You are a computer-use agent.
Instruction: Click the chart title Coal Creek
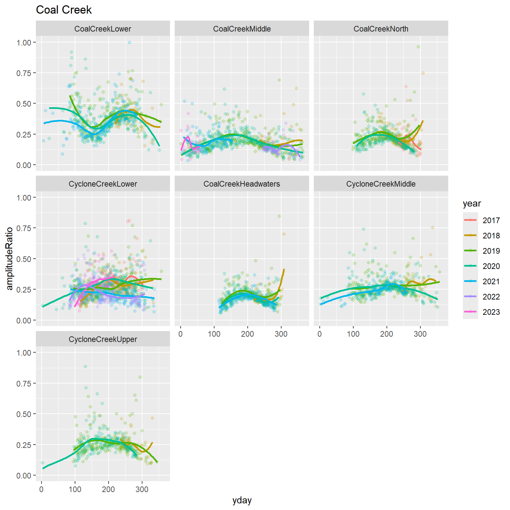coord(64,10)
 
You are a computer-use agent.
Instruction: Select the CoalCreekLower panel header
coord(103,29)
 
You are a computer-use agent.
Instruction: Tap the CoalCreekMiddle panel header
coord(242,29)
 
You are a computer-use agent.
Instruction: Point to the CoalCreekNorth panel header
coord(381,29)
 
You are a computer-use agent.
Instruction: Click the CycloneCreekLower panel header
coord(103,184)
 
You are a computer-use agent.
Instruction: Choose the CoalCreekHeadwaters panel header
coord(242,184)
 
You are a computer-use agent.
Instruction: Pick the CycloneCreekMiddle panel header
coord(381,184)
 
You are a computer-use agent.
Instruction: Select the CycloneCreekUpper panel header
coord(103,339)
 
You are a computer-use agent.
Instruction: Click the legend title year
coord(472,204)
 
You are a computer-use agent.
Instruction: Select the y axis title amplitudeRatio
coord(10,258)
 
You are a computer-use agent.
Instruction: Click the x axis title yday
coord(242,500)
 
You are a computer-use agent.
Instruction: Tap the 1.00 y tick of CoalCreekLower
coord(24,42)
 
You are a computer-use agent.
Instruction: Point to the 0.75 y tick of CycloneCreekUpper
coord(24,383)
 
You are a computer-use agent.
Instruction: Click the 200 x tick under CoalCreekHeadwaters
coord(247,334)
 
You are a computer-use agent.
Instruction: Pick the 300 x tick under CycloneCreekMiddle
coord(420,334)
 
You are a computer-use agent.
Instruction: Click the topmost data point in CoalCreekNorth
coord(418,47)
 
